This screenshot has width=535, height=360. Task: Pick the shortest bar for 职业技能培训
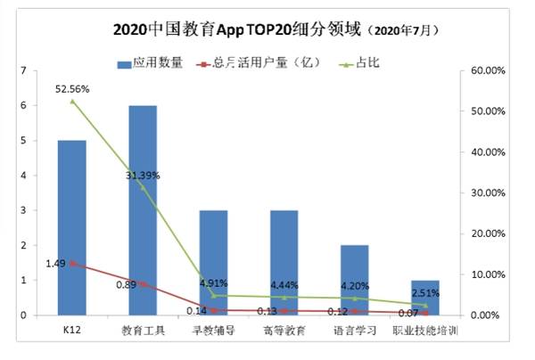tap(424, 298)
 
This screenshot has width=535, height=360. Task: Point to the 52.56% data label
tap(71, 89)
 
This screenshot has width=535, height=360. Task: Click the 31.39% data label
tap(143, 176)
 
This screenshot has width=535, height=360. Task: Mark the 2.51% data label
tap(424, 292)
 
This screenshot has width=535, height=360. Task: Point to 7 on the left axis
tap(36, 70)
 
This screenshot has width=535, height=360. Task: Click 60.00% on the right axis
tap(489, 70)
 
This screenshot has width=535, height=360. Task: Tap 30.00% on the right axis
tap(489, 192)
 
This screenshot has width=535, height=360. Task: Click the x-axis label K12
tap(71, 331)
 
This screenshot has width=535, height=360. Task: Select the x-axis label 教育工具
tap(142, 331)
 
